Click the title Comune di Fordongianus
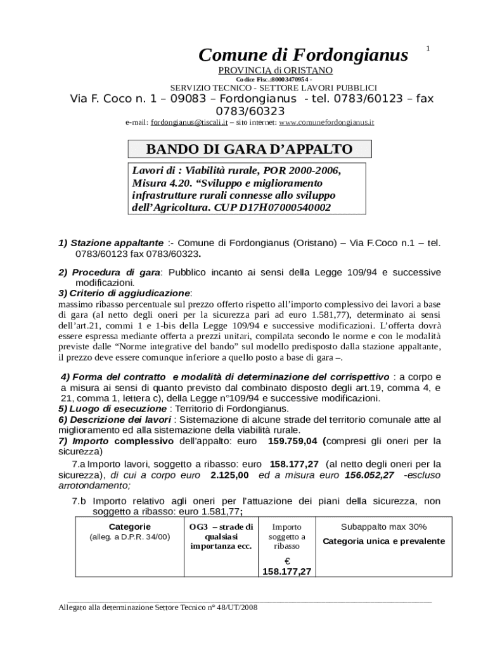(303, 56)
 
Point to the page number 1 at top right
(428, 49)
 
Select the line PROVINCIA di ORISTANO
(275, 70)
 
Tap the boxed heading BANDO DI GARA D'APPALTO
(249, 149)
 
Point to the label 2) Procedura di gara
(110, 272)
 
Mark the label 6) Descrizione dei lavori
(115, 419)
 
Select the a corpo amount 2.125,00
(229, 475)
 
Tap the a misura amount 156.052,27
(369, 475)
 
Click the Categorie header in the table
(129, 526)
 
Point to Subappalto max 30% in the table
(383, 526)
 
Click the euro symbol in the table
(286, 561)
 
